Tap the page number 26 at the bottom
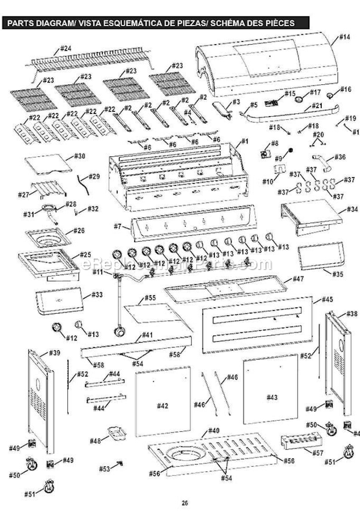pyautogui.click(x=185, y=503)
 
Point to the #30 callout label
pyautogui.click(x=80, y=156)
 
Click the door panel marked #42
pyautogui.click(x=162, y=406)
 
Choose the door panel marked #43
pyautogui.click(x=272, y=397)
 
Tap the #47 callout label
pyautogui.click(x=298, y=279)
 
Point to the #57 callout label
pyautogui.click(x=318, y=451)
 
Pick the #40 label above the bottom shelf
pyautogui.click(x=213, y=431)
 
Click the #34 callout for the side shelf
pyautogui.click(x=352, y=209)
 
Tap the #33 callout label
pyautogui.click(x=96, y=295)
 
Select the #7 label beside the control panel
pyautogui.click(x=117, y=225)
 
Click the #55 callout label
pyautogui.click(x=150, y=298)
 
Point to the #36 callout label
pyautogui.click(x=340, y=157)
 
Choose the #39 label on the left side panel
pyautogui.click(x=55, y=353)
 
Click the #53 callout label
pyautogui.click(x=105, y=468)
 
